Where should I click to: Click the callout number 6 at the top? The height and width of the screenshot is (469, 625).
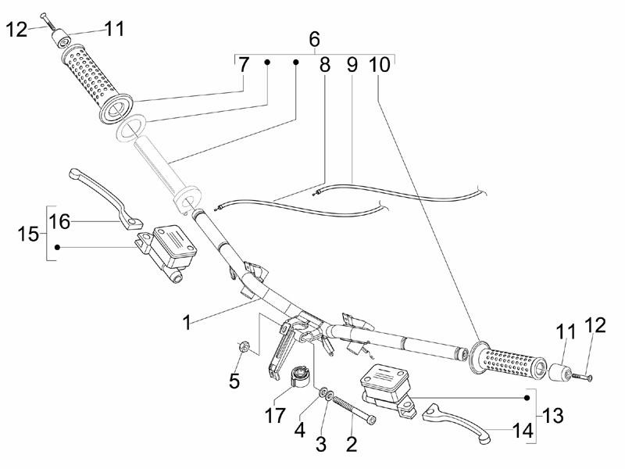315,38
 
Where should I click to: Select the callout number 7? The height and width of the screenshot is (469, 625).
244,66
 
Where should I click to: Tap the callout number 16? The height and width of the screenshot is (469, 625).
59,222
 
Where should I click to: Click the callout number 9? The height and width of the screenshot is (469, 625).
352,66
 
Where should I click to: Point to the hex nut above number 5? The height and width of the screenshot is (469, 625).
244,346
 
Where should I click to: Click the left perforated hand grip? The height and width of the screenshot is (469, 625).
97,81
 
